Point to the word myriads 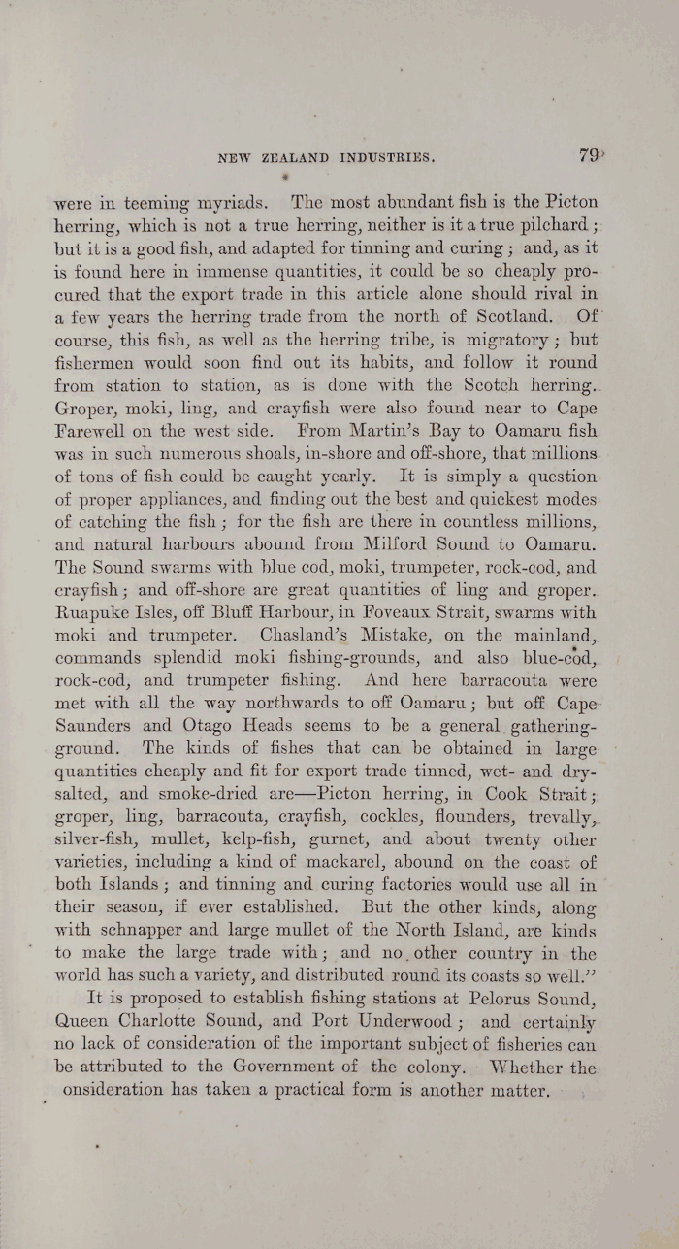coord(225,205)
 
